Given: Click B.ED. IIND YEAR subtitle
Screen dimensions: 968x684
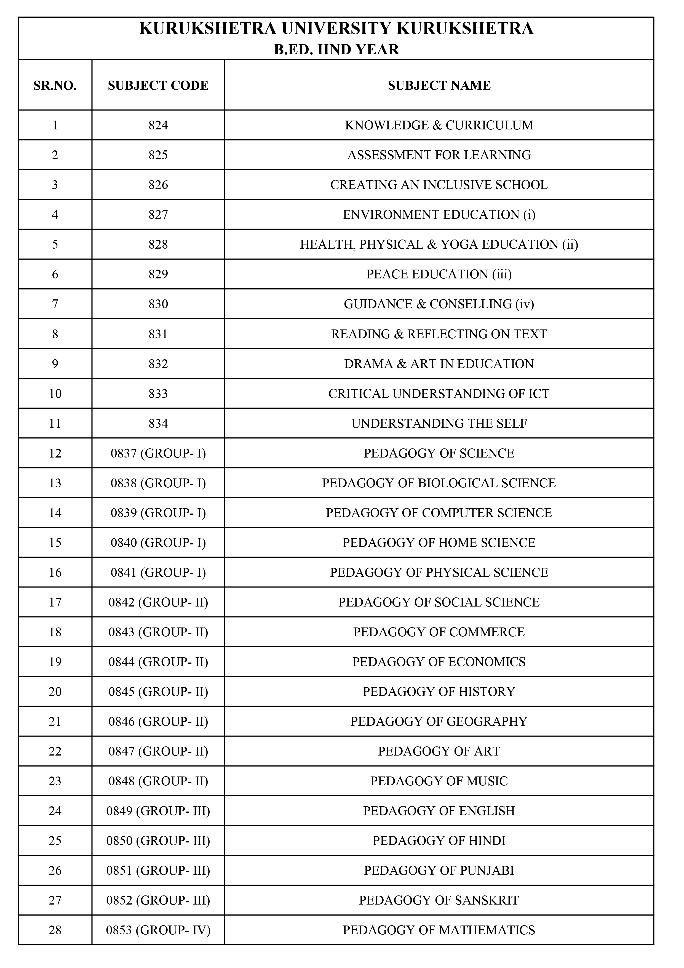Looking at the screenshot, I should [336, 50].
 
